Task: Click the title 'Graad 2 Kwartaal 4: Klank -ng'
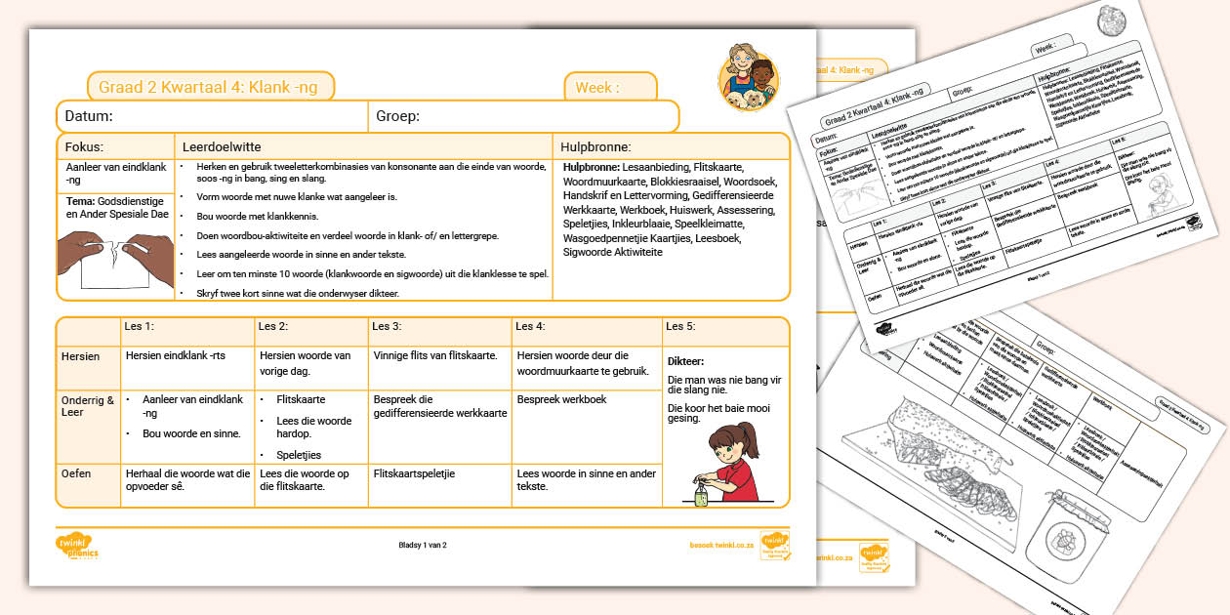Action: (x=208, y=87)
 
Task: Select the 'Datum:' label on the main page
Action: (x=89, y=116)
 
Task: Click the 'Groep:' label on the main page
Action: (x=397, y=116)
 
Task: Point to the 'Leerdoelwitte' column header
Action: (x=222, y=146)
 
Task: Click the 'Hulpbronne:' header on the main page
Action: (x=595, y=147)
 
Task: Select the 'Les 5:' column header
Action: (x=680, y=326)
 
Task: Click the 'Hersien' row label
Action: (x=81, y=356)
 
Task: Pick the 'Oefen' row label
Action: (x=76, y=473)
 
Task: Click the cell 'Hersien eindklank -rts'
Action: (x=176, y=356)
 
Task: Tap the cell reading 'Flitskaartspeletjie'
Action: (x=414, y=473)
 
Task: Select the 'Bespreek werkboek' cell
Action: (x=562, y=399)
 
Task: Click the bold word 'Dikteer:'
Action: (x=686, y=361)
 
